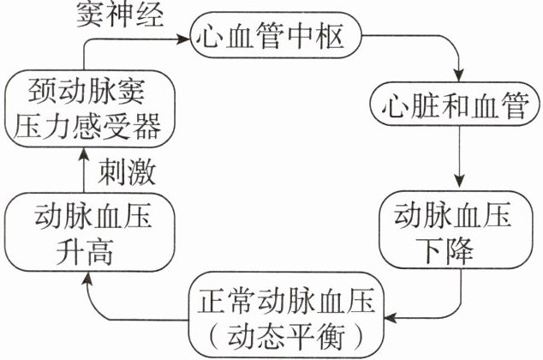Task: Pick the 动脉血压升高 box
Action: (x=83, y=229)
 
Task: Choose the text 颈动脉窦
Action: (x=83, y=90)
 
